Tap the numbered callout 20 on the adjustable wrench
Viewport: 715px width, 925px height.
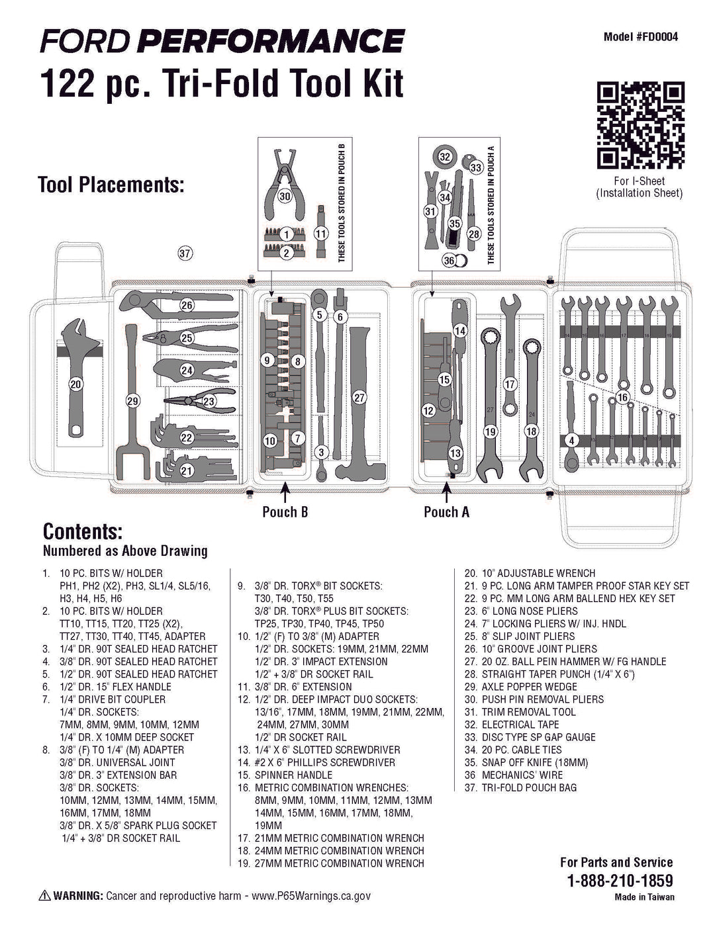point(75,384)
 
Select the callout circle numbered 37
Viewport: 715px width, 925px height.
point(185,253)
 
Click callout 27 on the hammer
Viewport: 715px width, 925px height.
point(359,398)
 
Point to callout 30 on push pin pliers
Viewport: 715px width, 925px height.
point(285,197)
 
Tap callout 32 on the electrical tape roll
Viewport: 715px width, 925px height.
point(445,157)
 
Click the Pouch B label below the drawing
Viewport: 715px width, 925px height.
point(285,511)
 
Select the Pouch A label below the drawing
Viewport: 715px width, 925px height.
point(446,511)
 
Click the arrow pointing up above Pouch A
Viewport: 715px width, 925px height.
point(447,493)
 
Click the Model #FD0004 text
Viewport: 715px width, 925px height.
point(640,37)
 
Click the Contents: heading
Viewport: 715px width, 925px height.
point(82,531)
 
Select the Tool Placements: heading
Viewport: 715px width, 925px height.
point(111,184)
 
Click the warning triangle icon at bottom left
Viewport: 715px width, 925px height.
point(44,896)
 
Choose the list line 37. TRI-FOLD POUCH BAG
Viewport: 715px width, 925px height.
point(520,787)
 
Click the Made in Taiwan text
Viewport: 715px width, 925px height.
point(644,897)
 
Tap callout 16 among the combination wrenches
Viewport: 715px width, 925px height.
point(622,397)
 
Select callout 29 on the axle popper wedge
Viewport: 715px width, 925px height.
point(133,400)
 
